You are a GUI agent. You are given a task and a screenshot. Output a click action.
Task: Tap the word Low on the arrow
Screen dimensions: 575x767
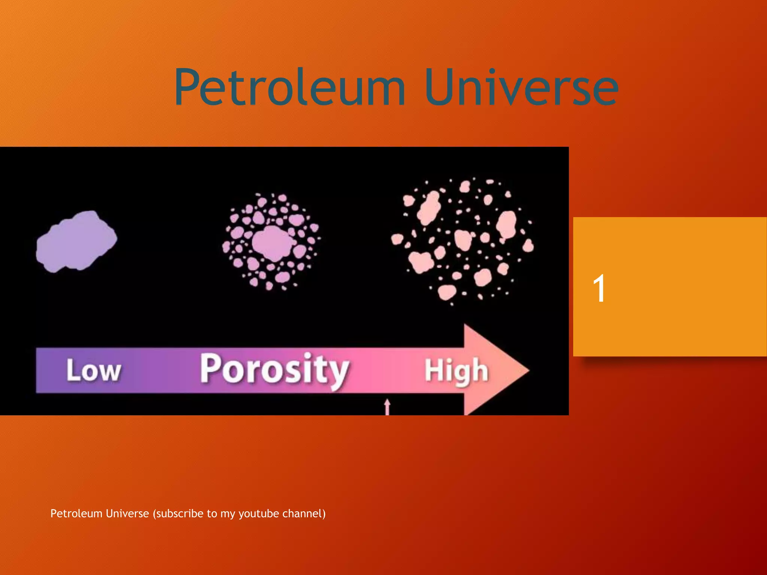[x=94, y=371]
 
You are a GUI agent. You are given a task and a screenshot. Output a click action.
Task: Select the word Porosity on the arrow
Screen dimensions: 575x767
[x=274, y=370]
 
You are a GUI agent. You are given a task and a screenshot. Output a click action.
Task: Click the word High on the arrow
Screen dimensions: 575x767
[x=456, y=371]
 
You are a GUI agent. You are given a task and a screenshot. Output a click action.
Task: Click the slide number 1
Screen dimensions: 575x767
[x=599, y=288]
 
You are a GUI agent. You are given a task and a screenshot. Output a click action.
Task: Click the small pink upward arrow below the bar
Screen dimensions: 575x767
[x=387, y=407]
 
